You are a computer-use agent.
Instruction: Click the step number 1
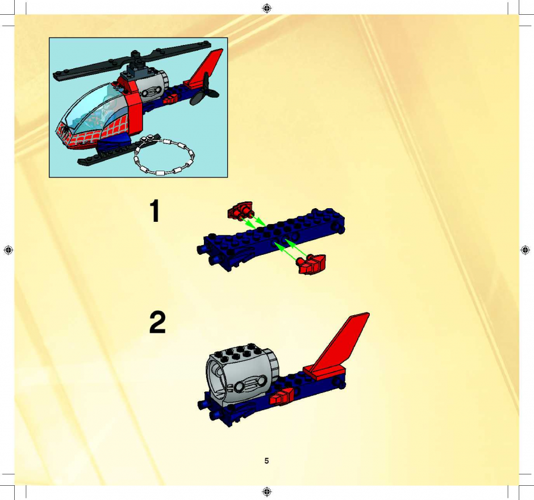click(x=155, y=211)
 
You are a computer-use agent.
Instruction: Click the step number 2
click(x=157, y=322)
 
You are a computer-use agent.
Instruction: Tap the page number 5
click(x=266, y=461)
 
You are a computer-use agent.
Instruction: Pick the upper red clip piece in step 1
click(x=240, y=210)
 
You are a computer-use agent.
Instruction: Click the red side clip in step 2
click(x=282, y=396)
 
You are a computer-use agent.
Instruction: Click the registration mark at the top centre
click(x=267, y=8)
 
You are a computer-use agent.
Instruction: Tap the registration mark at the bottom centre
click(x=267, y=491)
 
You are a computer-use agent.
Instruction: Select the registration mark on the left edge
click(x=9, y=250)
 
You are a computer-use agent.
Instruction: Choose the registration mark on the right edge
click(x=525, y=250)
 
